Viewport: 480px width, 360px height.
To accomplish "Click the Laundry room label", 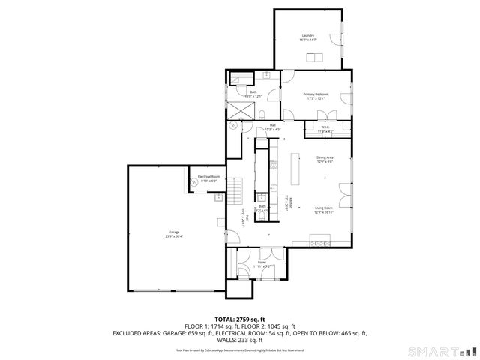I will click(307, 37).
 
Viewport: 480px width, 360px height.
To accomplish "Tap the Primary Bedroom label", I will click(314, 96).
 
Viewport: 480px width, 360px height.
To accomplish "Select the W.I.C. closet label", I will click(326, 128).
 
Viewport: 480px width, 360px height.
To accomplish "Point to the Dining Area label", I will click(325, 159).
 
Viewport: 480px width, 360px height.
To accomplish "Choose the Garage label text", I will click(174, 234).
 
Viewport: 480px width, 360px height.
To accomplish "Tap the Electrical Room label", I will click(207, 178).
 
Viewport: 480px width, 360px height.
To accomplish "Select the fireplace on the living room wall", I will click(322, 241).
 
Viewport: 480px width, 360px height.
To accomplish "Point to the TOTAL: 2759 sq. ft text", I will click(240, 319).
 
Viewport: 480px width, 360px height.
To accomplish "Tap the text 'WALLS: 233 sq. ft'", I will click(240, 339).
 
